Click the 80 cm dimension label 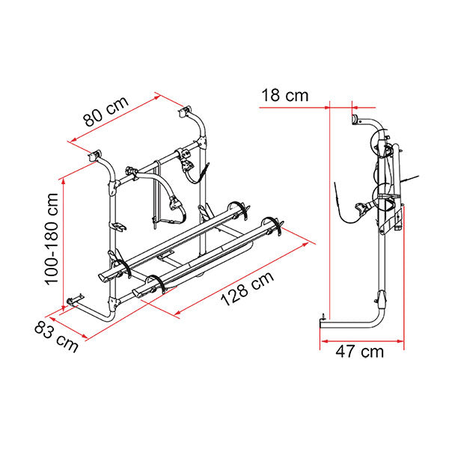(x=106, y=112)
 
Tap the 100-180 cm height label (x=52, y=239)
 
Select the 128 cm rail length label (x=247, y=289)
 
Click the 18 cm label (x=285, y=95)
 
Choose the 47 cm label (x=360, y=352)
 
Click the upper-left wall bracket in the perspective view (x=95, y=156)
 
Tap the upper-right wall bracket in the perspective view (x=186, y=112)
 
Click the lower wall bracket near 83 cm (x=74, y=300)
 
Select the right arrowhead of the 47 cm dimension (x=400, y=341)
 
